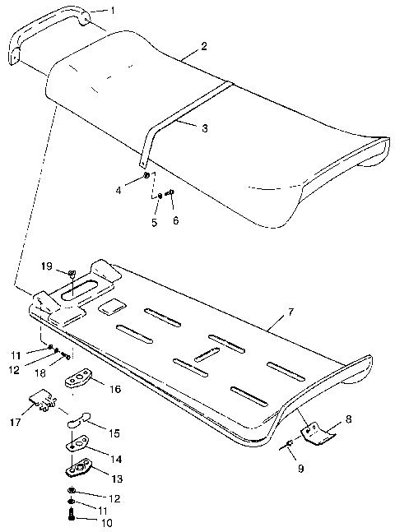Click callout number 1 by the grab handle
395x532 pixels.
click(113, 10)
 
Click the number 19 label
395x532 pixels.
click(48, 266)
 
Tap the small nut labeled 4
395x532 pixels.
click(146, 176)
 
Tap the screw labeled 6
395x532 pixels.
click(170, 194)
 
